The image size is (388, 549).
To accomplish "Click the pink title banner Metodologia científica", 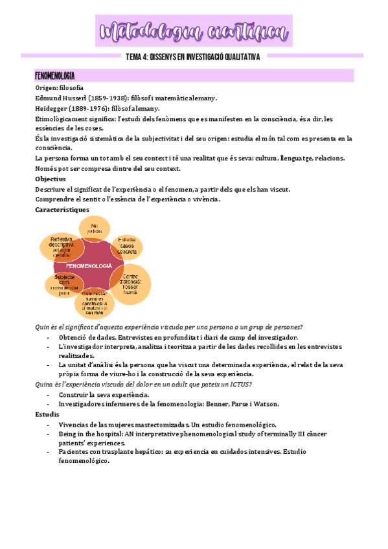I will [194, 30].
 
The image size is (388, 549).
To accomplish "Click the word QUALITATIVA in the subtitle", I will [236, 57].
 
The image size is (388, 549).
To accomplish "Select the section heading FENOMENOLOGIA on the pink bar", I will [54, 76].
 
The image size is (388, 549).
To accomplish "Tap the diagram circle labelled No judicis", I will [98, 228].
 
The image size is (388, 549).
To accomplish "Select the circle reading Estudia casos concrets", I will [128, 246].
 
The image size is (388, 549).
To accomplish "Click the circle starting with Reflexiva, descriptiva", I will [61, 247].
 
